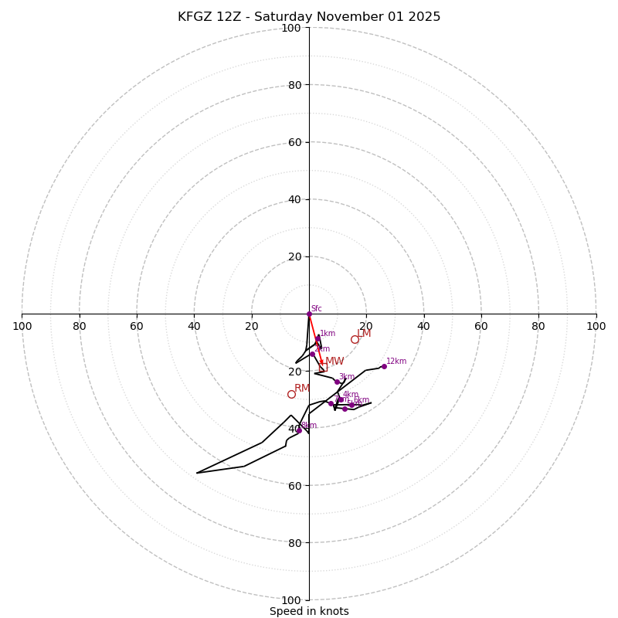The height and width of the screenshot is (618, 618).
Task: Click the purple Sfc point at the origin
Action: pyautogui.click(x=309, y=314)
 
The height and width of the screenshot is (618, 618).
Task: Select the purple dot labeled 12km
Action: pyautogui.click(x=384, y=366)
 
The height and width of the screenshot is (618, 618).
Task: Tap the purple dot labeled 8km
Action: pyautogui.click(x=299, y=430)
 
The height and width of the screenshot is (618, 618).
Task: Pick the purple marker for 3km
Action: pyautogui.click(x=337, y=382)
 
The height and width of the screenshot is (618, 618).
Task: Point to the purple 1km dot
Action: pyautogui.click(x=317, y=338)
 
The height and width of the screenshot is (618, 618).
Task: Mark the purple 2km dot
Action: pyautogui.click(x=312, y=354)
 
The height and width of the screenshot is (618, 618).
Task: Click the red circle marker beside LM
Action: pyautogui.click(x=355, y=339)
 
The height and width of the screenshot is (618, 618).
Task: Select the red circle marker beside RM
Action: pyautogui.click(x=291, y=394)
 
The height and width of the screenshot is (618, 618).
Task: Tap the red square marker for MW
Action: pyautogui.click(x=323, y=368)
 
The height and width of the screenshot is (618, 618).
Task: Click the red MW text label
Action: pyautogui.click(x=334, y=362)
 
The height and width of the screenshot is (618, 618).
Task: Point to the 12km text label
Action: pyautogui.click(x=396, y=362)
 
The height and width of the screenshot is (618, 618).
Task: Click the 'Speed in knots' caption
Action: pyautogui.click(x=309, y=611)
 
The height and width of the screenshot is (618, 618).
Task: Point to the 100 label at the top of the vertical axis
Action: pyautogui.click(x=290, y=28)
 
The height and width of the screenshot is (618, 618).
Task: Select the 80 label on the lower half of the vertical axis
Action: pyautogui.click(x=294, y=543)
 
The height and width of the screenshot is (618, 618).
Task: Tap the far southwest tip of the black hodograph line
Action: pyautogui.click(x=197, y=473)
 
